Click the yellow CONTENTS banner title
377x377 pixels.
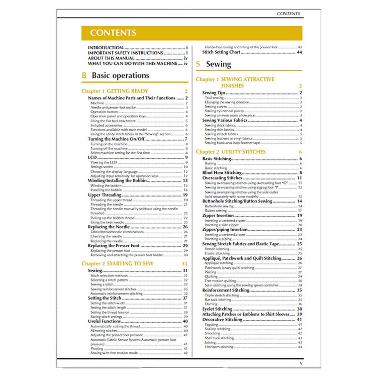[113, 33]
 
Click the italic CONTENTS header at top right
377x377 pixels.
[289, 14]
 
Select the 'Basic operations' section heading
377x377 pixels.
[120, 75]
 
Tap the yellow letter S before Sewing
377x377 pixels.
[198, 64]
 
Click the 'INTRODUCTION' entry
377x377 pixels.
[106, 48]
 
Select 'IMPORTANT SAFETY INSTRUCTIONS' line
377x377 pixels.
[126, 53]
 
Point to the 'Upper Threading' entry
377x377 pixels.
[105, 195]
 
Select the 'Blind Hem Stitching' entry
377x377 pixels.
[222, 172]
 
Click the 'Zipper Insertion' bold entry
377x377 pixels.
[219, 215]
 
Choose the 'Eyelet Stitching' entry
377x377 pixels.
[217, 309]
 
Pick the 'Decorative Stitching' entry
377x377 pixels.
[222, 319]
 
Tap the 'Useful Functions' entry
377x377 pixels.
[104, 321]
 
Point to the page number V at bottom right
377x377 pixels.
[301, 363]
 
